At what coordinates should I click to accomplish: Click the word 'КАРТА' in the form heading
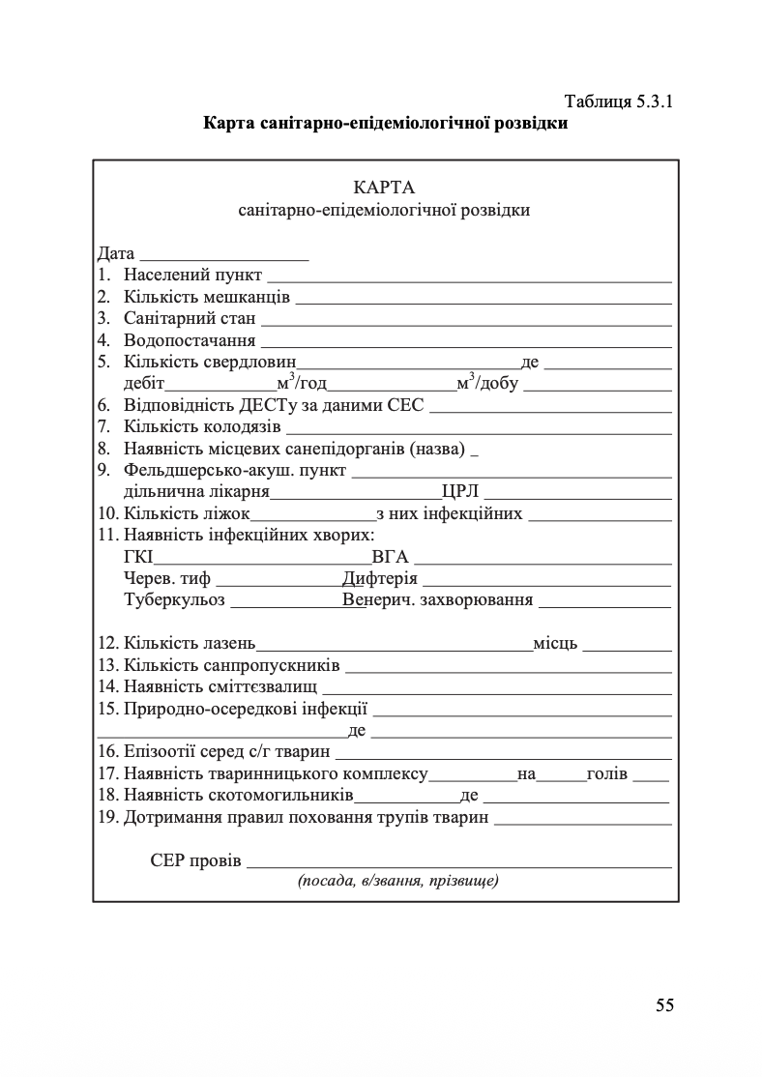pyautogui.click(x=384, y=187)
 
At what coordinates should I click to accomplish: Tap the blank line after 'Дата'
pyautogui.click(x=224, y=256)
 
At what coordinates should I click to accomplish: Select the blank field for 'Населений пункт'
pyautogui.click(x=469, y=277)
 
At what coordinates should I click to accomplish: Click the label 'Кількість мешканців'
pyautogui.click(x=207, y=298)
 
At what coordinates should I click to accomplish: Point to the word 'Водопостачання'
pyautogui.click(x=190, y=340)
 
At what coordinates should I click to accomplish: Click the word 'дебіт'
pyautogui.click(x=144, y=384)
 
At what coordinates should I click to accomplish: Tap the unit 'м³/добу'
pyautogui.click(x=487, y=384)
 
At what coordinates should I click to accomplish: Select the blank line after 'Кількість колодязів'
pyautogui.click(x=479, y=426)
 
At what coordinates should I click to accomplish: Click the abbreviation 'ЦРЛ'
pyautogui.click(x=460, y=492)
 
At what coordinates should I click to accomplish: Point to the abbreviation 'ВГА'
pyautogui.click(x=390, y=558)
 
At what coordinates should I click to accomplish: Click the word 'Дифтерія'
pyautogui.click(x=379, y=579)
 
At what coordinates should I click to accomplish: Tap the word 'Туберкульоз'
pyautogui.click(x=174, y=600)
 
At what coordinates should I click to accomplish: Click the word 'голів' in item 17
pyautogui.click(x=607, y=774)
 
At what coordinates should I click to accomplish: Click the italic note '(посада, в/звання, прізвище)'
pyautogui.click(x=397, y=882)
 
